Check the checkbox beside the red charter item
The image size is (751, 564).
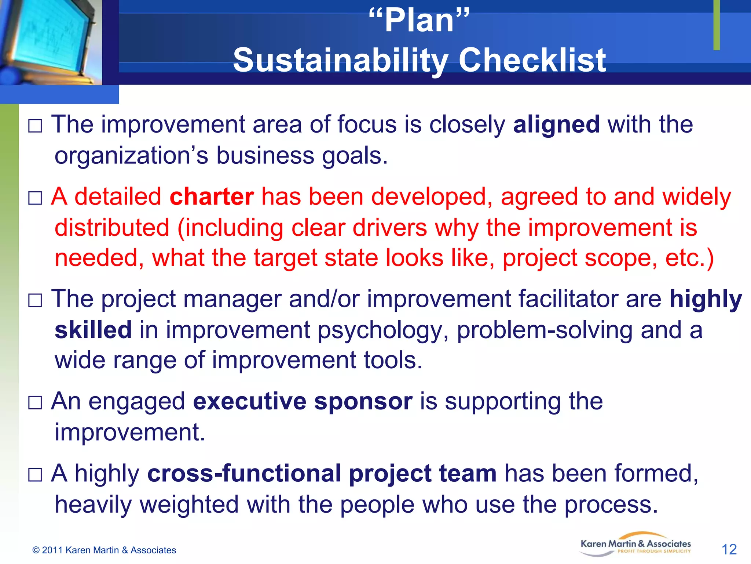coord(35,199)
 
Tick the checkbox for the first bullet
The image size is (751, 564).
coord(35,126)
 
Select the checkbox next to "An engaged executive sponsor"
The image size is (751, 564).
coord(35,403)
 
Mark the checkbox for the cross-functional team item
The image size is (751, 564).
coord(35,475)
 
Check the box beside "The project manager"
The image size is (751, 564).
coord(35,301)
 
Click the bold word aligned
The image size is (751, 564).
coord(556,124)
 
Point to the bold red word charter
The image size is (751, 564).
coord(212,197)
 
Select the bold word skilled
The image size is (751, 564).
coord(93,330)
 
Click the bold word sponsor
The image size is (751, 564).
coord(363,401)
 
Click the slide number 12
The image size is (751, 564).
coord(729,549)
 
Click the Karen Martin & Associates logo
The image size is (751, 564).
coord(635,546)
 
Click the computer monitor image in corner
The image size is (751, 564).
coord(51,41)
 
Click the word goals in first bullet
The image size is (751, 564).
coord(354,156)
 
